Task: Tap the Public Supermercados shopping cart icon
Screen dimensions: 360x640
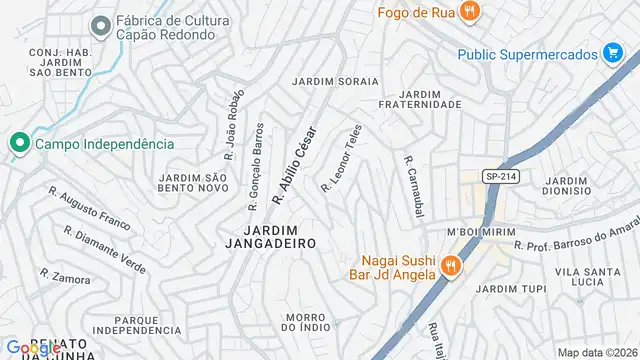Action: coord(613,53)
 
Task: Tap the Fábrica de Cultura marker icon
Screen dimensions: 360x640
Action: coord(100,26)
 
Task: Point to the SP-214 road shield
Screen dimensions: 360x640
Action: coord(500,176)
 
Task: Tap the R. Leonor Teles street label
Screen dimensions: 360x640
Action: coord(341,158)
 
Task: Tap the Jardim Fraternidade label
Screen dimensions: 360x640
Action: coord(420,98)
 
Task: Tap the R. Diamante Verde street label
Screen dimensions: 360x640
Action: coord(104,248)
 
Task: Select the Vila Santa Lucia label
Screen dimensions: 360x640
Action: coord(581,277)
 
